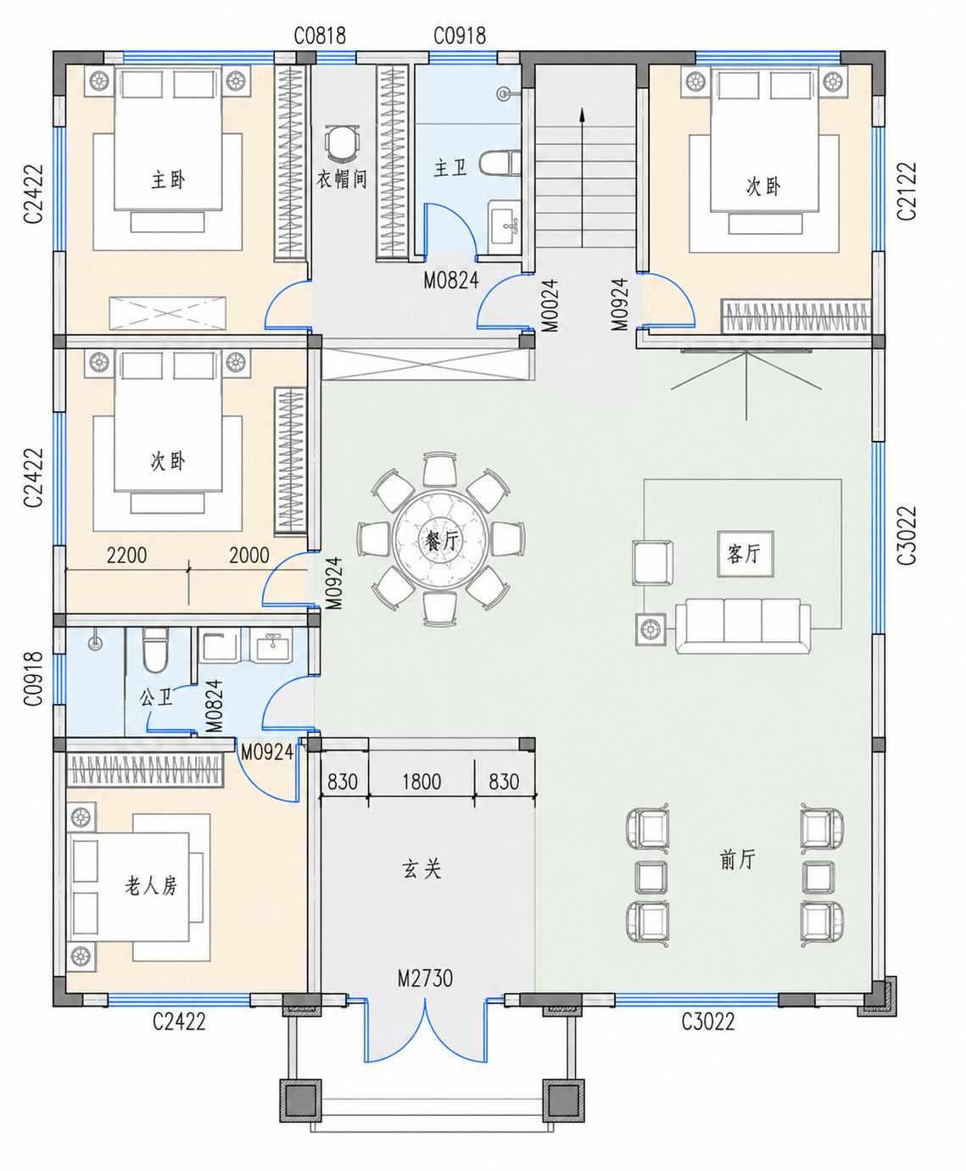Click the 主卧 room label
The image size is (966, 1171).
pyautogui.click(x=168, y=180)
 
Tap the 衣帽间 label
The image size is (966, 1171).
pyautogui.click(x=342, y=180)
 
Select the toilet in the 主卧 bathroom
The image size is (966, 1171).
pyautogui.click(x=500, y=163)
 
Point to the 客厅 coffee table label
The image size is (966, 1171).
pyautogui.click(x=745, y=554)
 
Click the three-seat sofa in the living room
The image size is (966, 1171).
pyautogui.click(x=743, y=626)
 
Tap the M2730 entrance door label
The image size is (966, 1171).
pyautogui.click(x=425, y=979)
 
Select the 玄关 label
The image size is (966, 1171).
pyautogui.click(x=422, y=869)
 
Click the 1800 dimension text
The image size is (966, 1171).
pyautogui.click(x=422, y=782)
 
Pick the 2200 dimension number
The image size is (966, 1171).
pyautogui.click(x=126, y=555)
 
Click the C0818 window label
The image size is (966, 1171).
pyautogui.click(x=320, y=36)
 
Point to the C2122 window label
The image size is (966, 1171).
pyautogui.click(x=907, y=192)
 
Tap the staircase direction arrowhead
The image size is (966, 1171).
pyautogui.click(x=583, y=114)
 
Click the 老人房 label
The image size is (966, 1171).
pyautogui.click(x=151, y=886)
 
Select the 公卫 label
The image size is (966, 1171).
pyautogui.click(x=157, y=698)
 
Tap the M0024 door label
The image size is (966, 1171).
pyautogui.click(x=551, y=305)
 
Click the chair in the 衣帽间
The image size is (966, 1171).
pyautogui.click(x=342, y=142)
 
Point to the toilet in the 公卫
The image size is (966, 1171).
pyautogui.click(x=155, y=650)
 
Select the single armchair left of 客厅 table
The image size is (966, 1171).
pyautogui.click(x=653, y=563)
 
